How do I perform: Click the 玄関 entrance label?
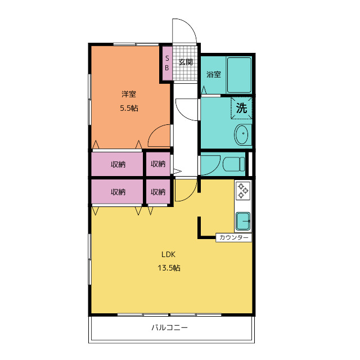click(186, 62)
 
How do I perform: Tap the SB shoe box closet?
click(167, 63)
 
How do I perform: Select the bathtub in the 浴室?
click(239, 75)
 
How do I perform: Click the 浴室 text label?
click(214, 74)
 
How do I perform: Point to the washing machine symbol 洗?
click(241, 108)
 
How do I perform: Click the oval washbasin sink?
click(241, 134)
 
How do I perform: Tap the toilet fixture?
click(234, 164)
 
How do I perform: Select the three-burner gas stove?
click(243, 191)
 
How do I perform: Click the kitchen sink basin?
click(243, 221)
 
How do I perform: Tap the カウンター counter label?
click(234, 237)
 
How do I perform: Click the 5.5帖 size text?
click(129, 108)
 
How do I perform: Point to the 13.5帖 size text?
click(169, 268)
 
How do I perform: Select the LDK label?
click(169, 254)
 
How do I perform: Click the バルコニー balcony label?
click(169, 327)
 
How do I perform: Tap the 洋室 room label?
click(129, 94)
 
